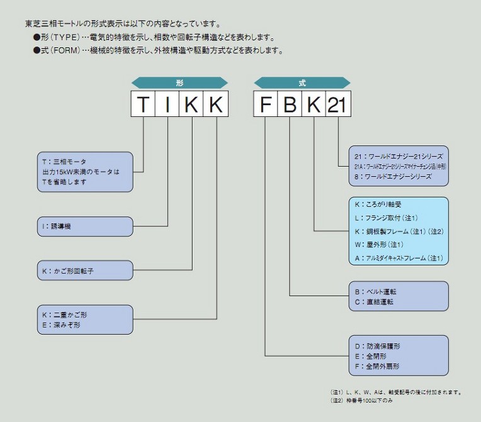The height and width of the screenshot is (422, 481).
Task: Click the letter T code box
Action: pos(144,104)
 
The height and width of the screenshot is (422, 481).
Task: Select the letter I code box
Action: pos(167,104)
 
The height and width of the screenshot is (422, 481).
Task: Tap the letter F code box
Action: pos(266,104)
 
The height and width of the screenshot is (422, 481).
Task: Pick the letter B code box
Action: pos(290,104)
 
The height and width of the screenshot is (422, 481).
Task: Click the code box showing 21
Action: pos(338,104)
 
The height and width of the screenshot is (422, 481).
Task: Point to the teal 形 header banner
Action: pos(179,82)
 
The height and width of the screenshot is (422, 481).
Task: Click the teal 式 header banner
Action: pos(302,82)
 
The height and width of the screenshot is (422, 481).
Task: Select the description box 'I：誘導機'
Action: pos(85,226)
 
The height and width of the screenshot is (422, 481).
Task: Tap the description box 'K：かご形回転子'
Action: pos(85,271)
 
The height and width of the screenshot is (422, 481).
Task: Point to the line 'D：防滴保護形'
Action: pos(378,346)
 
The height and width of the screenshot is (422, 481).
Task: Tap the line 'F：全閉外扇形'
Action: pos(378,366)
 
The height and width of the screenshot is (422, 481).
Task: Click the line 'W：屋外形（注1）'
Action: pos(379,244)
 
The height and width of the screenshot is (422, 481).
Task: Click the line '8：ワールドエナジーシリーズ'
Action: pos(393,177)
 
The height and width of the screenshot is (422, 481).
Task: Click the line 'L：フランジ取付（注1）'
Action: pos(384,218)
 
